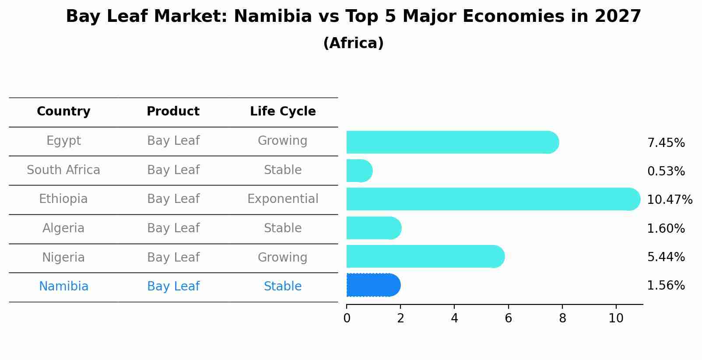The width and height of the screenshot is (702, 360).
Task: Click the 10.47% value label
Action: (669, 200)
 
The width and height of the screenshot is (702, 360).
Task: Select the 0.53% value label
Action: (666, 171)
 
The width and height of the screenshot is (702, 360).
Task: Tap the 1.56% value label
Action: (666, 286)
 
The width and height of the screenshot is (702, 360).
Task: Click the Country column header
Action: (63, 112)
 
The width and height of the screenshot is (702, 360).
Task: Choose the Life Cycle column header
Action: (283, 112)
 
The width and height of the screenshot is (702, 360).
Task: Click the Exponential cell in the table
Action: (283, 199)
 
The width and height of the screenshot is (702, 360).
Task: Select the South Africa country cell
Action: (63, 170)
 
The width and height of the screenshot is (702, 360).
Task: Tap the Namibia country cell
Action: (63, 287)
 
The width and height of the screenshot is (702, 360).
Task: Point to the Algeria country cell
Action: (63, 228)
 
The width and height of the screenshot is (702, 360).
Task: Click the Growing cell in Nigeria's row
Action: (283, 257)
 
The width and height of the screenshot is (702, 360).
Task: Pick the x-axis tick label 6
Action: (508, 318)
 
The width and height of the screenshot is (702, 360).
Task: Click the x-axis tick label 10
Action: (616, 318)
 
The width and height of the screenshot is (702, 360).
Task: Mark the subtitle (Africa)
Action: (353, 43)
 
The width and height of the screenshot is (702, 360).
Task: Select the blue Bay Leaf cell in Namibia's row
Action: (173, 287)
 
